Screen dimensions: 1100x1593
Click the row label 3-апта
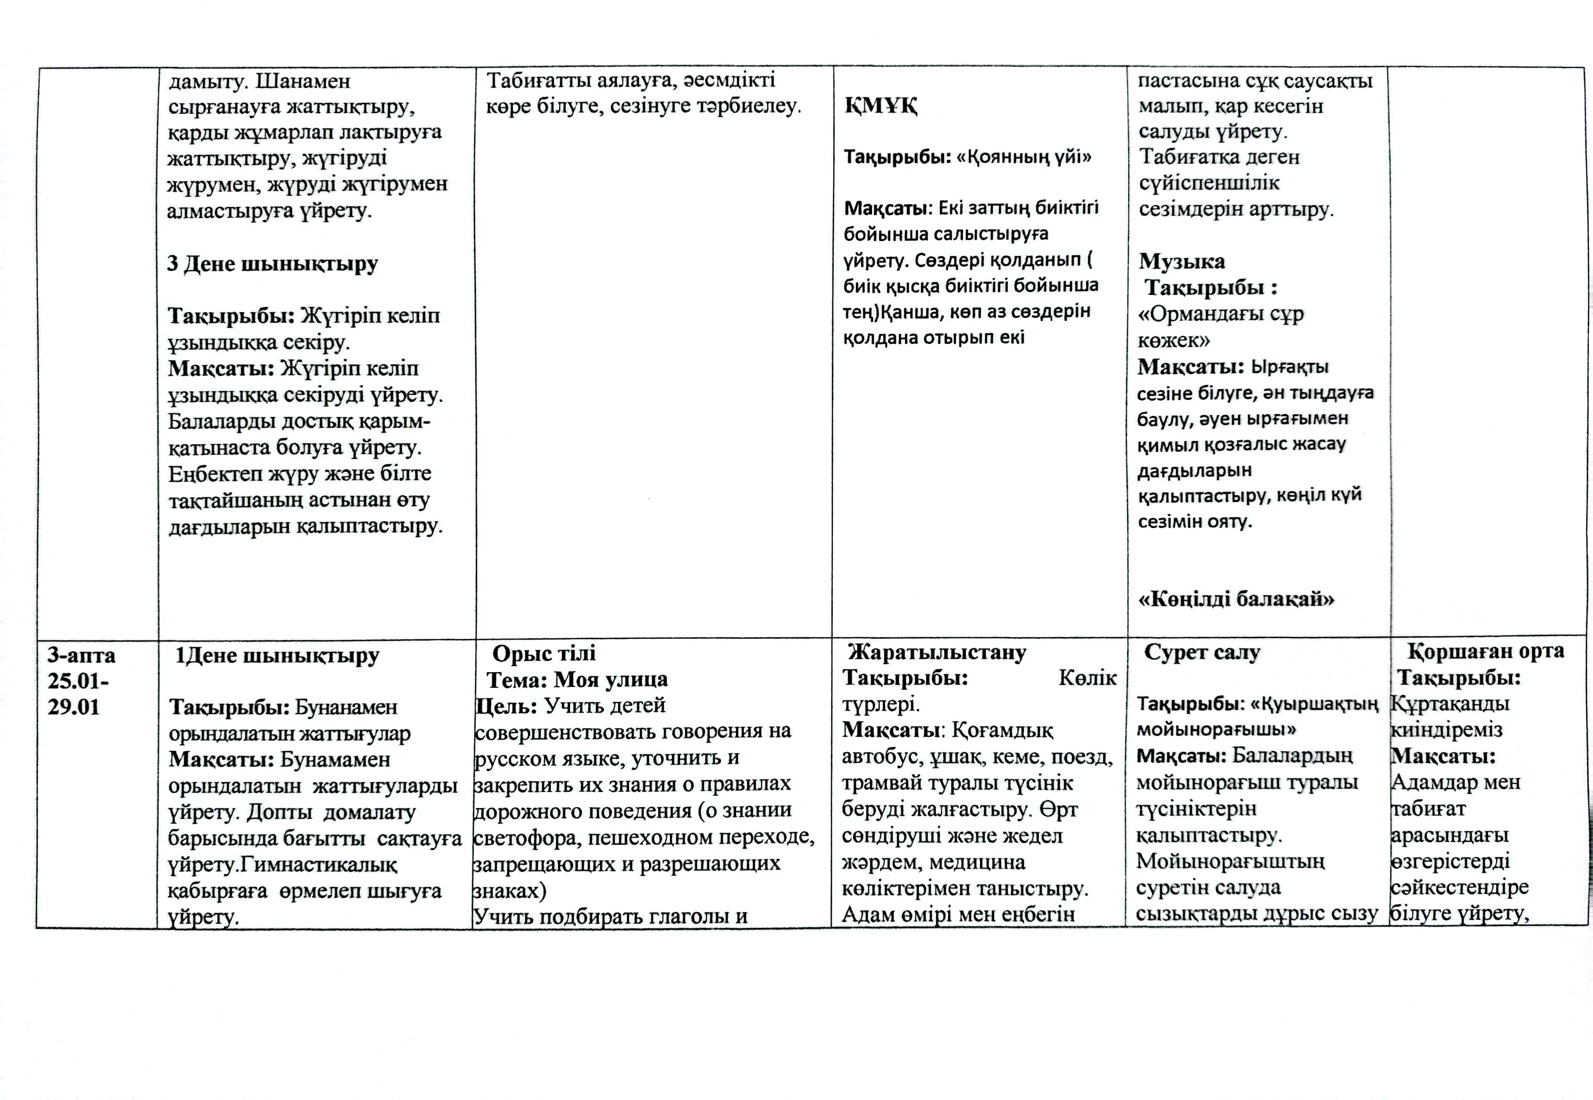click(81, 655)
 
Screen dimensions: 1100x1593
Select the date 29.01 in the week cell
click(74, 707)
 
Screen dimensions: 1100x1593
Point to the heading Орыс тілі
click(544, 653)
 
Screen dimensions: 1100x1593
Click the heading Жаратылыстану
click(937, 652)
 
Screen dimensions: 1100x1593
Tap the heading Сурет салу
click(1202, 652)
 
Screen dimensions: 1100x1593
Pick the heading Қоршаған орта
click(1485, 650)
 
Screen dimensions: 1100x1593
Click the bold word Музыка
click(1182, 261)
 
